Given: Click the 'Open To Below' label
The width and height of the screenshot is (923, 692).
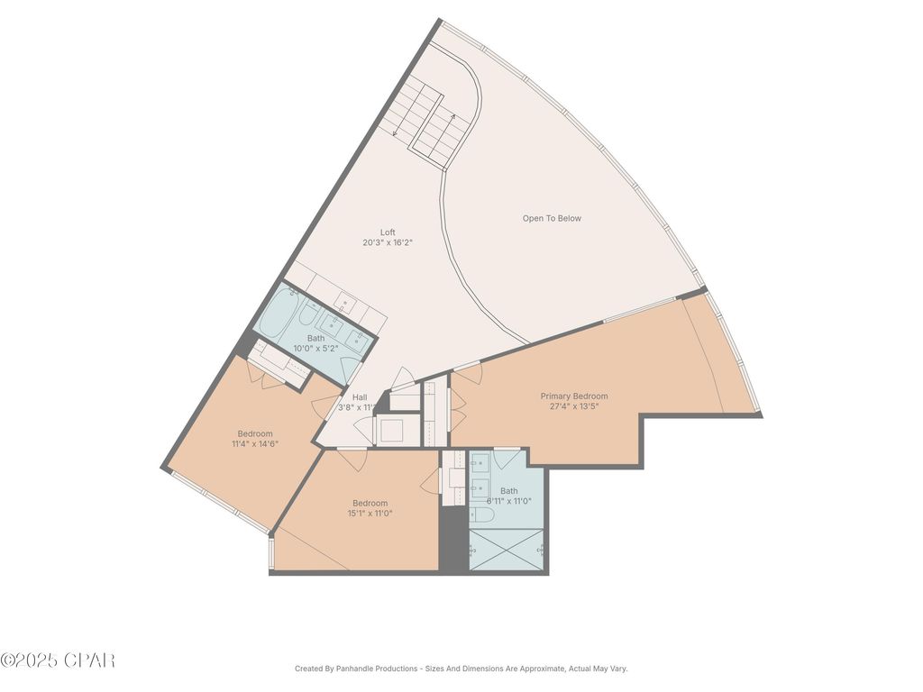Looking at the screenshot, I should [552, 218].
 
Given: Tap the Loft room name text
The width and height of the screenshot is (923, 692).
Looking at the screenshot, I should [388, 232].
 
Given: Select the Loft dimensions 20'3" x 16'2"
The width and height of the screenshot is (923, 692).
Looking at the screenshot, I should [388, 242].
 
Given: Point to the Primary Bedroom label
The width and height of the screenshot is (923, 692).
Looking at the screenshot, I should [574, 396].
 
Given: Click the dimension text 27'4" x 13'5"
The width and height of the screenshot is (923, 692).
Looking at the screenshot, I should [574, 406].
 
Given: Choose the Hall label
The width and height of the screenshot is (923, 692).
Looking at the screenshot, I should [360, 397].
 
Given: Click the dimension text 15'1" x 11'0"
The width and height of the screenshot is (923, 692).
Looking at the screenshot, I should [370, 514].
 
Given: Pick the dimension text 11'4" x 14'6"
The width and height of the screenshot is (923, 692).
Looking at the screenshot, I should [255, 443].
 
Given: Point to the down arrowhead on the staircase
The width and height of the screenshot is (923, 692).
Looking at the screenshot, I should [396, 134].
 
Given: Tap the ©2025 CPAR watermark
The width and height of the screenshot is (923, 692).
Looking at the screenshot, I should [58, 660].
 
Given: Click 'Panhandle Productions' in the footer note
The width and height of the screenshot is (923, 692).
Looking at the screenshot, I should [378, 669].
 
